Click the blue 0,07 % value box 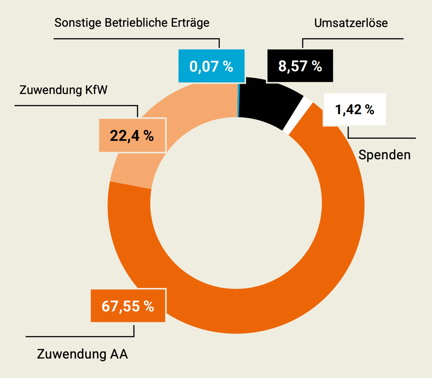pos(211,66)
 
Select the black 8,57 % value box pos(300,66)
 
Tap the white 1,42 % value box pos(355,109)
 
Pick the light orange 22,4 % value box pos(132,135)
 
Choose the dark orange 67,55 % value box pos(128,306)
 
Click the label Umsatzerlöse pos(351,23)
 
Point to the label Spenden pos(384,155)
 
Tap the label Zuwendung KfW pos(63,90)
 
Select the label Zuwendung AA pos(82,354)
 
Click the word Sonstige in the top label pos(78,23)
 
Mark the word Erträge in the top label pos(190,23)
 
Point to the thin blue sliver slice pos(239,100)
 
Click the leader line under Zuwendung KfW pos(76,106)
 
